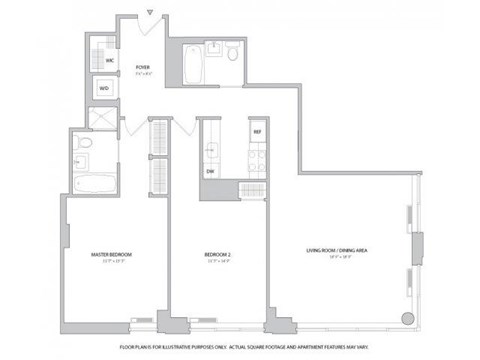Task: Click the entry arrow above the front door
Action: tap(150, 13)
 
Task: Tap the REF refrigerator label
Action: tap(257, 132)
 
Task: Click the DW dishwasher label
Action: tap(211, 171)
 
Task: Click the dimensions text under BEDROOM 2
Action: tap(217, 262)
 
